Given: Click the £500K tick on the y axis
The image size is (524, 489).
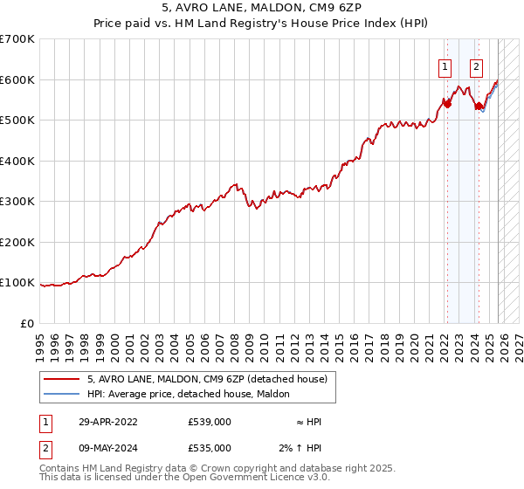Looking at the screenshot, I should (17, 120).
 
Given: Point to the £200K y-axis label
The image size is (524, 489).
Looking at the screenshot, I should (17, 242).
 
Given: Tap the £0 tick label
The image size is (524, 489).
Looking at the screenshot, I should (28, 323).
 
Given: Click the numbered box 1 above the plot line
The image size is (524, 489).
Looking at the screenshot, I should (445, 65).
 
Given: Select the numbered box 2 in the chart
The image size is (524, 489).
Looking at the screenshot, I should (477, 65).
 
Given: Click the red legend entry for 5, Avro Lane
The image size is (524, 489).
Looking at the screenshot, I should (207, 379).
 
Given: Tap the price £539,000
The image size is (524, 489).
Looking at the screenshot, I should (209, 422).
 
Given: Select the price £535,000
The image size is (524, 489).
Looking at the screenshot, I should (209, 447).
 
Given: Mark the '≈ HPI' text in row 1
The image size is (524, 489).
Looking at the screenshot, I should (309, 422).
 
